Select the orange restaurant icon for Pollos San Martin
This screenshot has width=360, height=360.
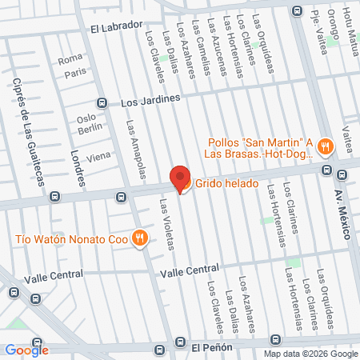324,146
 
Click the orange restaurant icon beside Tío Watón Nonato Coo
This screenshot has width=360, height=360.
139,238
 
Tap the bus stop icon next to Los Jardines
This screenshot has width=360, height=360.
102,102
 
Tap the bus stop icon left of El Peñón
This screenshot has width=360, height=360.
160,350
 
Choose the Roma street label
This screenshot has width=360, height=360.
70,58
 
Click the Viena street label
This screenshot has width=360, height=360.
98,157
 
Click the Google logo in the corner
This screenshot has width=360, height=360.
26,350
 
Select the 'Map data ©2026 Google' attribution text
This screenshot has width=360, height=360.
311,354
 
